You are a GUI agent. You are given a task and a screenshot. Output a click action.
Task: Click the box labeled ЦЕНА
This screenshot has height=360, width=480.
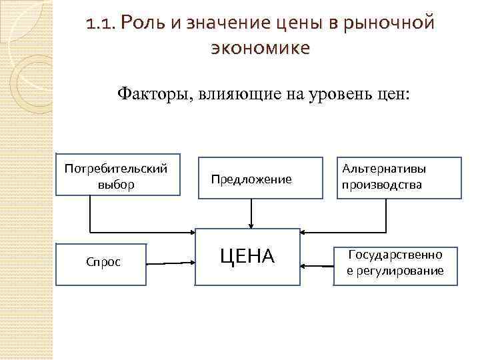click(x=247, y=256)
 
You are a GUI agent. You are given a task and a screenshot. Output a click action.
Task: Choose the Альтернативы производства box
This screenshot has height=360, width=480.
click(x=401, y=177)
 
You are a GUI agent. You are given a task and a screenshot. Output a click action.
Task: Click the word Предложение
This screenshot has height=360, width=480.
click(x=251, y=179)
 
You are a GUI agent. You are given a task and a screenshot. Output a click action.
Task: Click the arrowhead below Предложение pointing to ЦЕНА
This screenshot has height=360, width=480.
click(x=251, y=225)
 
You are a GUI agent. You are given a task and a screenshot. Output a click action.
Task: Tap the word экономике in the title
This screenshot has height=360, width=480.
click(x=260, y=48)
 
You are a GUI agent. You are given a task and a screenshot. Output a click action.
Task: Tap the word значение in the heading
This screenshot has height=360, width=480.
click(x=220, y=25)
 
